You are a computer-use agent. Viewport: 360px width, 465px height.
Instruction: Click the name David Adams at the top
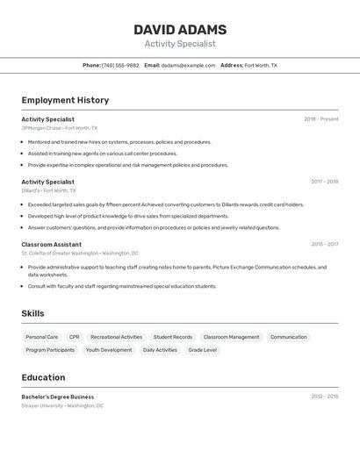(x=180, y=30)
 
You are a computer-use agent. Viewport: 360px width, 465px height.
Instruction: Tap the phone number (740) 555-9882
(x=120, y=65)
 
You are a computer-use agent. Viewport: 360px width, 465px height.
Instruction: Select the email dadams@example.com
(x=188, y=65)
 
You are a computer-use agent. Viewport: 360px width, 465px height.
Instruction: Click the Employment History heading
(x=65, y=100)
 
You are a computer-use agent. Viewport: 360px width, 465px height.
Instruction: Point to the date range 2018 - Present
(x=320, y=119)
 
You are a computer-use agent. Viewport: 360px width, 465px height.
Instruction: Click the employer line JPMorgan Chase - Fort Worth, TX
(x=60, y=128)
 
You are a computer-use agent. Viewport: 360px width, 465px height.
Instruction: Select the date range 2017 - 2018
(x=324, y=182)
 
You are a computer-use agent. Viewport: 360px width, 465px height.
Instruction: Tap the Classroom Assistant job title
(x=52, y=245)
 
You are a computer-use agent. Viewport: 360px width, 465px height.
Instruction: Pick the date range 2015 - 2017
(x=324, y=245)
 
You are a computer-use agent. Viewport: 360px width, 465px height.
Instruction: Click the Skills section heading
(x=33, y=313)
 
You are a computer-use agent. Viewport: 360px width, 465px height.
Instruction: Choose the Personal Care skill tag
(x=42, y=337)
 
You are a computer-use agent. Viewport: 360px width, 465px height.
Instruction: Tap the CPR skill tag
(x=75, y=337)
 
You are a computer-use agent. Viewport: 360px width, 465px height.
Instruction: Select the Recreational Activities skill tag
(x=116, y=337)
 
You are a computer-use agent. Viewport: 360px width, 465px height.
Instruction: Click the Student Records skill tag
(x=173, y=337)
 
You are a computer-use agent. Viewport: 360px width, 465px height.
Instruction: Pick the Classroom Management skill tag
(x=231, y=337)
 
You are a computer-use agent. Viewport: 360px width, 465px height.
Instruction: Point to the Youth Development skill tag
(x=109, y=350)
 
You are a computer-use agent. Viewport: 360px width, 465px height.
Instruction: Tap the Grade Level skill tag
(x=203, y=350)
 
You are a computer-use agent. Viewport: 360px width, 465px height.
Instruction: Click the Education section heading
(x=44, y=377)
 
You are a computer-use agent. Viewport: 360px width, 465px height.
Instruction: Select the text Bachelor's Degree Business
(x=58, y=397)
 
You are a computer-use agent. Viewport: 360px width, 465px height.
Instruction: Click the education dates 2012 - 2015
(x=324, y=397)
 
